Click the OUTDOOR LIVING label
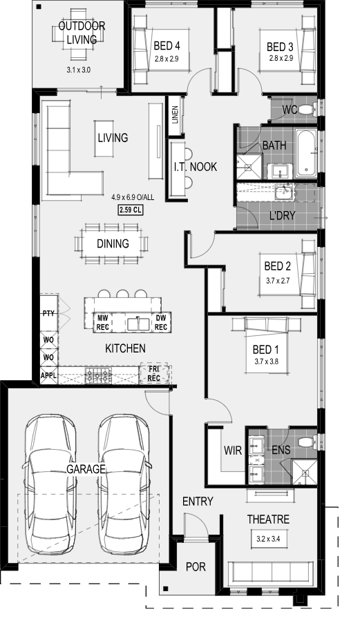[82, 32]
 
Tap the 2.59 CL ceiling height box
[129, 210]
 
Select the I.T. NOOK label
[195, 167]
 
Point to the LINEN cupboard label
[175, 113]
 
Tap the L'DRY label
[282, 215]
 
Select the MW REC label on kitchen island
[102, 322]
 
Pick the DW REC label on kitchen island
[160, 322]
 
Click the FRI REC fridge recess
[153, 374]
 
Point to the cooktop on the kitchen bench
[97, 376]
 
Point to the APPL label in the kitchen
[48, 376]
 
